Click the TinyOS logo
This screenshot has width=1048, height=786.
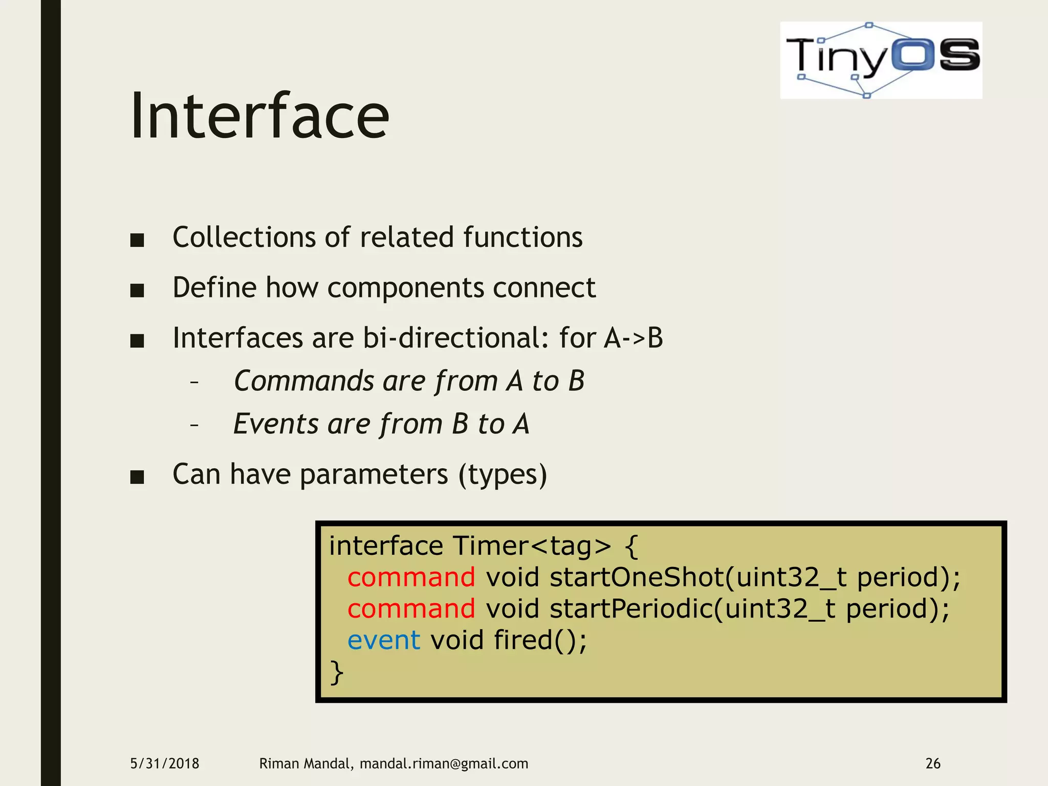[x=881, y=60]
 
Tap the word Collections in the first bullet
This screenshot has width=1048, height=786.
[x=244, y=237]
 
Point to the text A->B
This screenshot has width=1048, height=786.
[x=633, y=338]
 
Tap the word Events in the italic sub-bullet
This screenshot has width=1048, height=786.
[x=276, y=424]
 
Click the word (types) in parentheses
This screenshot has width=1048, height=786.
[x=503, y=474]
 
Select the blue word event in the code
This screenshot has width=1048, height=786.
[x=383, y=640]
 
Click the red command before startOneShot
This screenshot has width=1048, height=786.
[x=411, y=577]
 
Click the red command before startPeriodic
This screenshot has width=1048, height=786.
[x=411, y=609]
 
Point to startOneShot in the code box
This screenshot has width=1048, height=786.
[x=635, y=577]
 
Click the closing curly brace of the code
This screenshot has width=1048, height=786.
[x=336, y=672]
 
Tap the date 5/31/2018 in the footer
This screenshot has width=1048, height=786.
[x=164, y=763]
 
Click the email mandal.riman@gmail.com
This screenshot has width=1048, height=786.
[x=444, y=763]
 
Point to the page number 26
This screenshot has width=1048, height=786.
[x=932, y=763]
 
